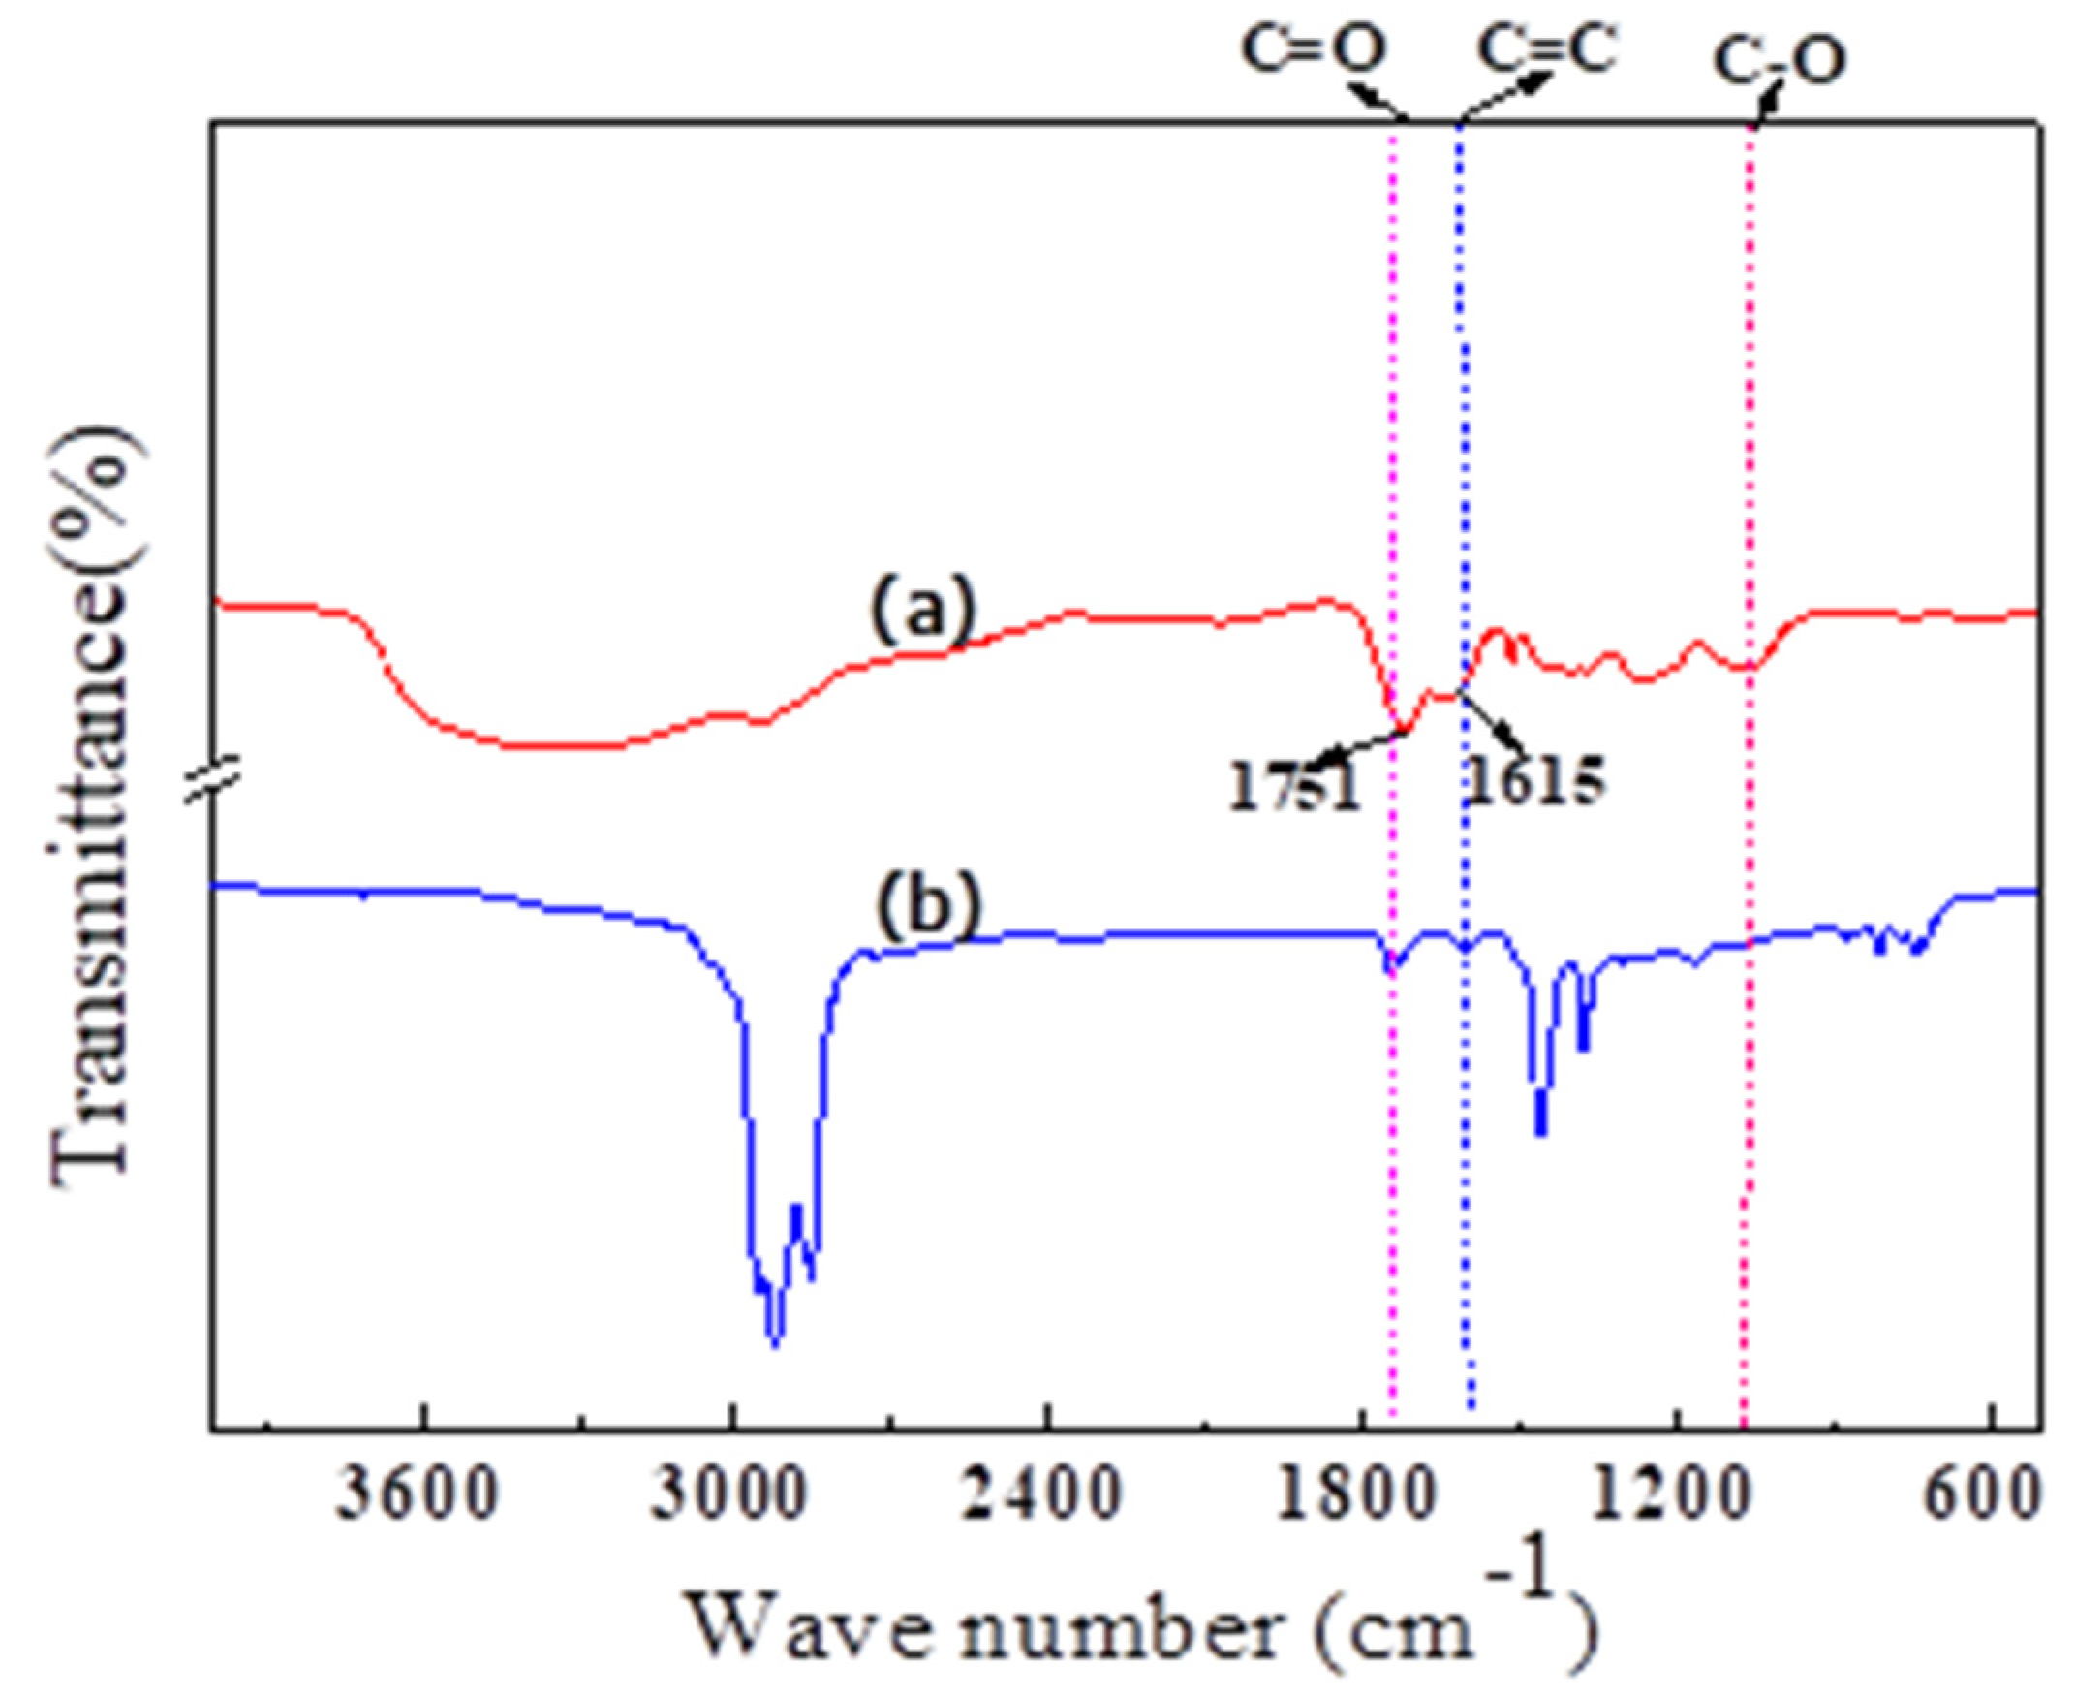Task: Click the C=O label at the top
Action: pyautogui.click(x=1314, y=51)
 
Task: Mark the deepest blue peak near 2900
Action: pyautogui.click(x=775, y=1343)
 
